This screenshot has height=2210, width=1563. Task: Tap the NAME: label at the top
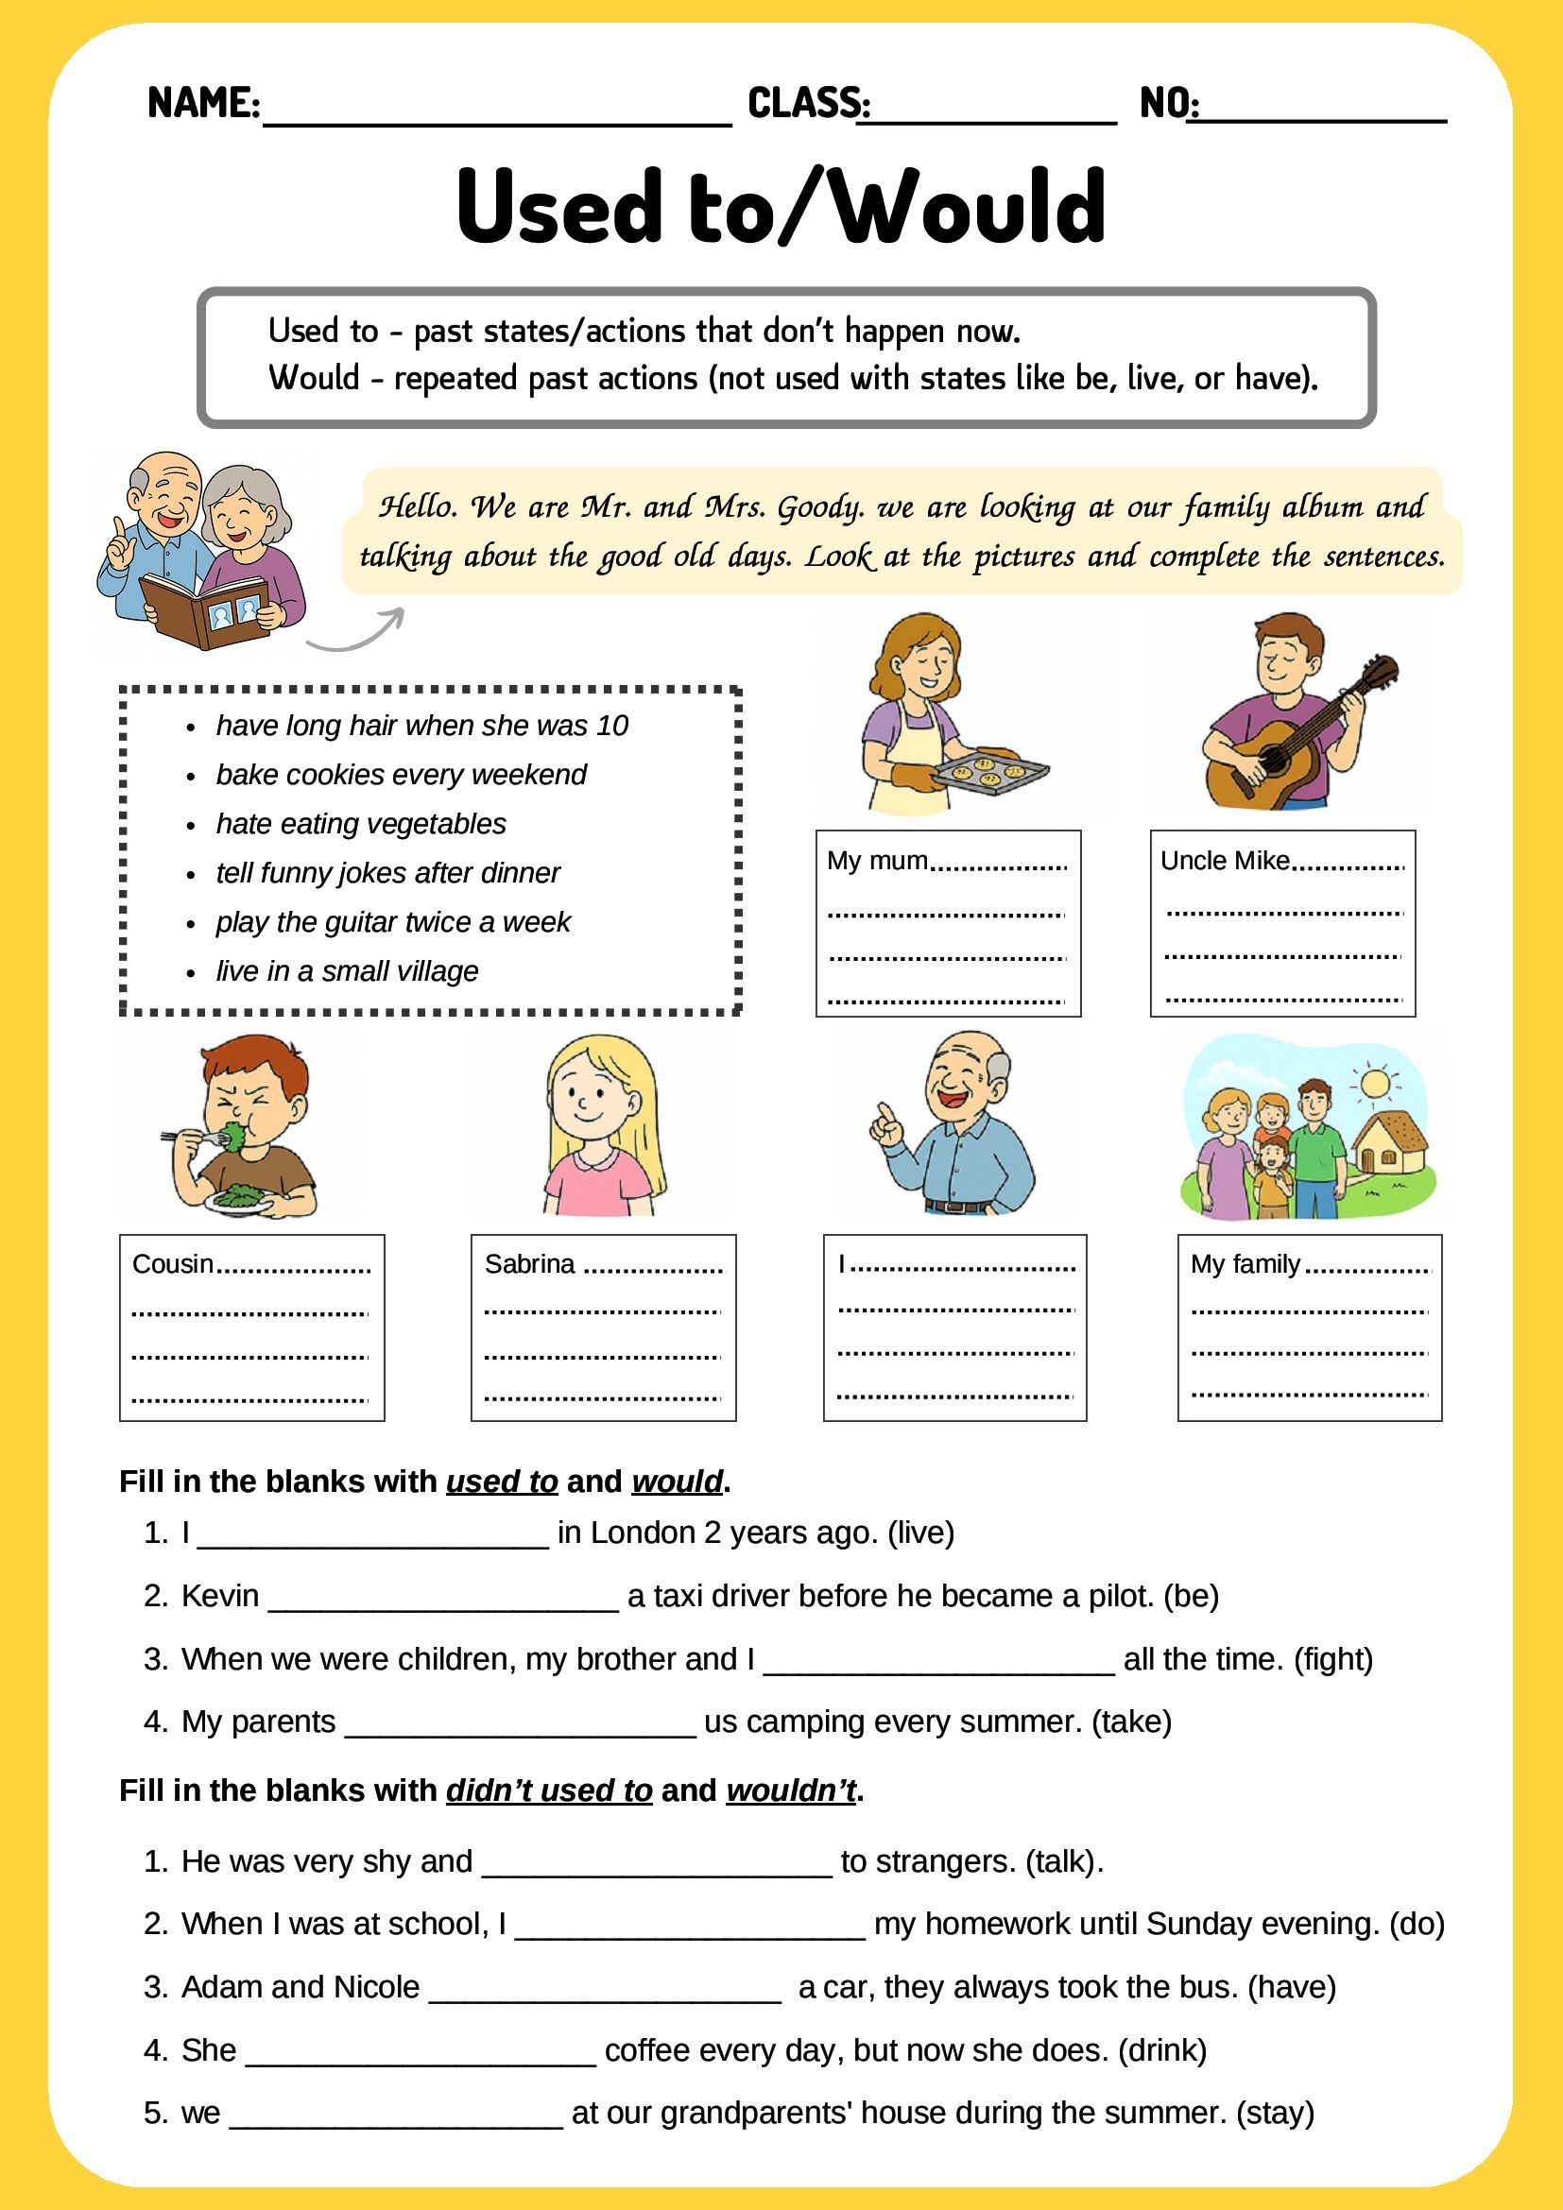(203, 102)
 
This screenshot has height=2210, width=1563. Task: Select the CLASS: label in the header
(809, 102)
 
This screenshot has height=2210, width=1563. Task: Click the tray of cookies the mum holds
(990, 770)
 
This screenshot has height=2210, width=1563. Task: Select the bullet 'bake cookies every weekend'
(401, 774)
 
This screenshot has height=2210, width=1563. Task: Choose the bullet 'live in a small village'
(347, 970)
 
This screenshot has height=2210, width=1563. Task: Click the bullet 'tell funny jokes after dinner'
(386, 872)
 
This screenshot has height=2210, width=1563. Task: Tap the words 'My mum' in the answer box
(877, 861)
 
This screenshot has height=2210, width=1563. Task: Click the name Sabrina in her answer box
(529, 1264)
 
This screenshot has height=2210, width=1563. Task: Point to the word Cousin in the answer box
(172, 1264)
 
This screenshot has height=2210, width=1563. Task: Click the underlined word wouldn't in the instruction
(790, 1790)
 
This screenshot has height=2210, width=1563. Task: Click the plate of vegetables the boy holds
(241, 1198)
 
